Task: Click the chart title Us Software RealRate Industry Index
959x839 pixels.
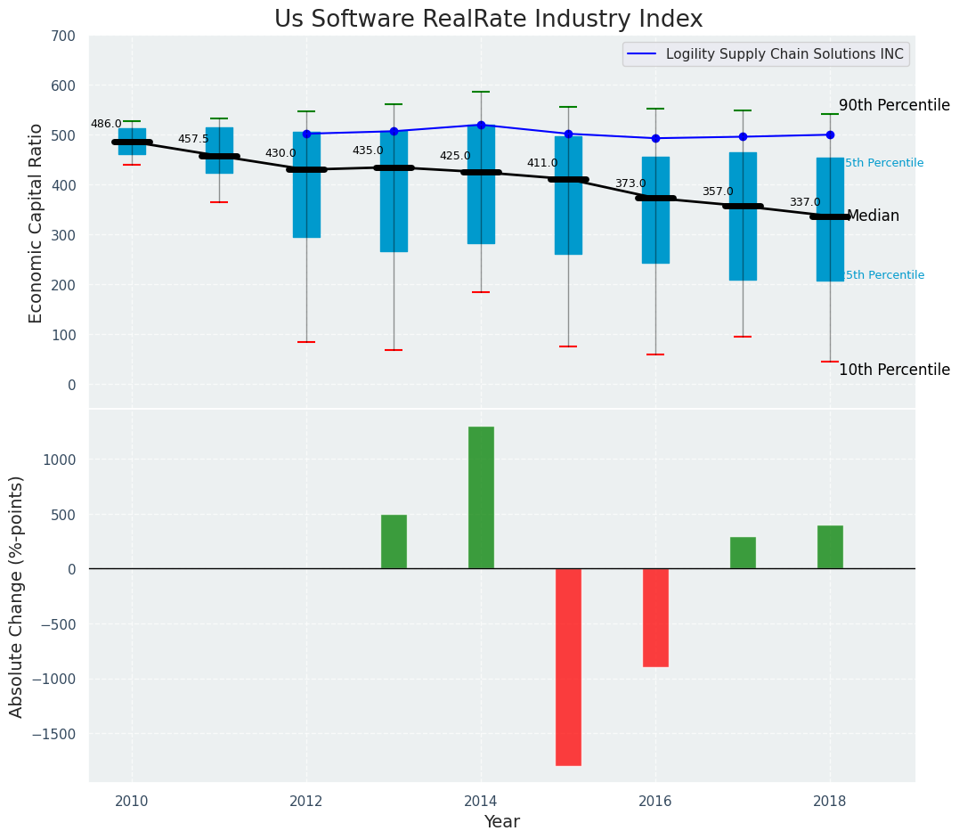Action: coord(488,20)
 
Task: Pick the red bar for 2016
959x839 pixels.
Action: coord(655,617)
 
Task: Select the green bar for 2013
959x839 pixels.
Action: coord(394,542)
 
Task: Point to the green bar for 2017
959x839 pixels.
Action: coord(743,552)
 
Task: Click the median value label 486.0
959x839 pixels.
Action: coord(106,125)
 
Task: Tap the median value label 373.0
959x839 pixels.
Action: coord(630,184)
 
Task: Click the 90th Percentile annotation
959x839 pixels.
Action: coord(894,105)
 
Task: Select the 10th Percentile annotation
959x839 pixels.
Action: coord(894,370)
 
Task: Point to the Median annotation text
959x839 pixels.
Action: coord(873,216)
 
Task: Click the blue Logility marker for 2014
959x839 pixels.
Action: coord(481,125)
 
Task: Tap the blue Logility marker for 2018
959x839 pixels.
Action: coord(830,134)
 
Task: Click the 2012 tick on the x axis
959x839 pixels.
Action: coord(306,800)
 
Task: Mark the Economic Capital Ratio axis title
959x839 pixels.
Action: coord(37,223)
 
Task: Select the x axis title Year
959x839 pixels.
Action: coord(501,822)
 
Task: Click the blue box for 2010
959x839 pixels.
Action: coord(132,141)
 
